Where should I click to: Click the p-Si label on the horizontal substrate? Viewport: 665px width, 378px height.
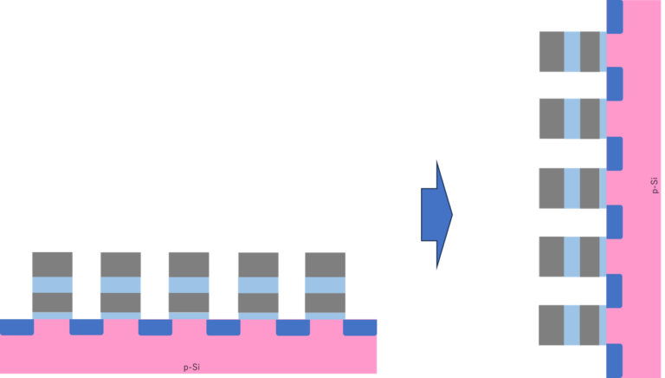pos(192,367)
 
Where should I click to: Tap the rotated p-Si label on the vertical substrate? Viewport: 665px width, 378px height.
pos(654,186)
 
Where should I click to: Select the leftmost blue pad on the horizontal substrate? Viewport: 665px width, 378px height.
pos(16,327)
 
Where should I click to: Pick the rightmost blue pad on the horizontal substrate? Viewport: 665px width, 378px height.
pos(360,327)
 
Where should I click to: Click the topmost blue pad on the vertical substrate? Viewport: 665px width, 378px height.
pos(614,16)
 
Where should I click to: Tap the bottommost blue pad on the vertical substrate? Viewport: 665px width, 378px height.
pos(614,360)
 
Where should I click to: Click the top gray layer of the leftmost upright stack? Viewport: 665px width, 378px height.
pos(52,264)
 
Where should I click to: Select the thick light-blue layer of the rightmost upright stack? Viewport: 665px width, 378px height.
pos(325,284)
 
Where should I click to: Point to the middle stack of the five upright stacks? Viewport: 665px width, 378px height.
pos(189,284)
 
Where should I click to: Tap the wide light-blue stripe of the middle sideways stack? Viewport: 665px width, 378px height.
pos(571,188)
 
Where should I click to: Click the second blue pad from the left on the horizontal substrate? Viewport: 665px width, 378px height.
pos(87,327)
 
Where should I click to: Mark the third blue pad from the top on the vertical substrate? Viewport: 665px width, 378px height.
pos(614,153)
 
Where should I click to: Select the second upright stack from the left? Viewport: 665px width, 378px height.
pos(120,284)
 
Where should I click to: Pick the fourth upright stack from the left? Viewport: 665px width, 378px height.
pos(258,284)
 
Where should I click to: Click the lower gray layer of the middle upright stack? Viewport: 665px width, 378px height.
pos(189,302)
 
